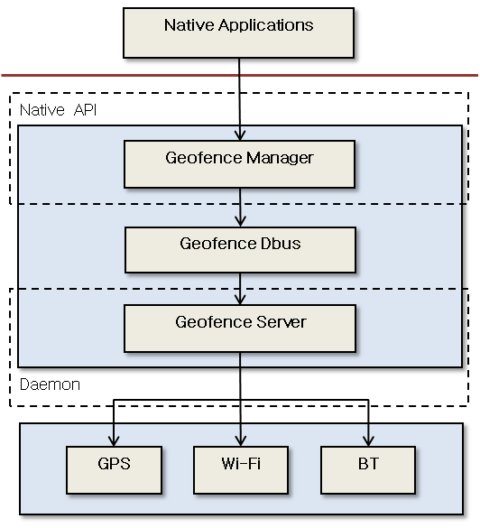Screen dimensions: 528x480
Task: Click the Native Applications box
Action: coord(239,33)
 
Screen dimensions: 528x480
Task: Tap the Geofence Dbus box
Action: coord(239,248)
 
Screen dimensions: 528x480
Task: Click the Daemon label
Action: coord(50,384)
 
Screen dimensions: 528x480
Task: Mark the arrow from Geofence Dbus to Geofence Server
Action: coord(240,289)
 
